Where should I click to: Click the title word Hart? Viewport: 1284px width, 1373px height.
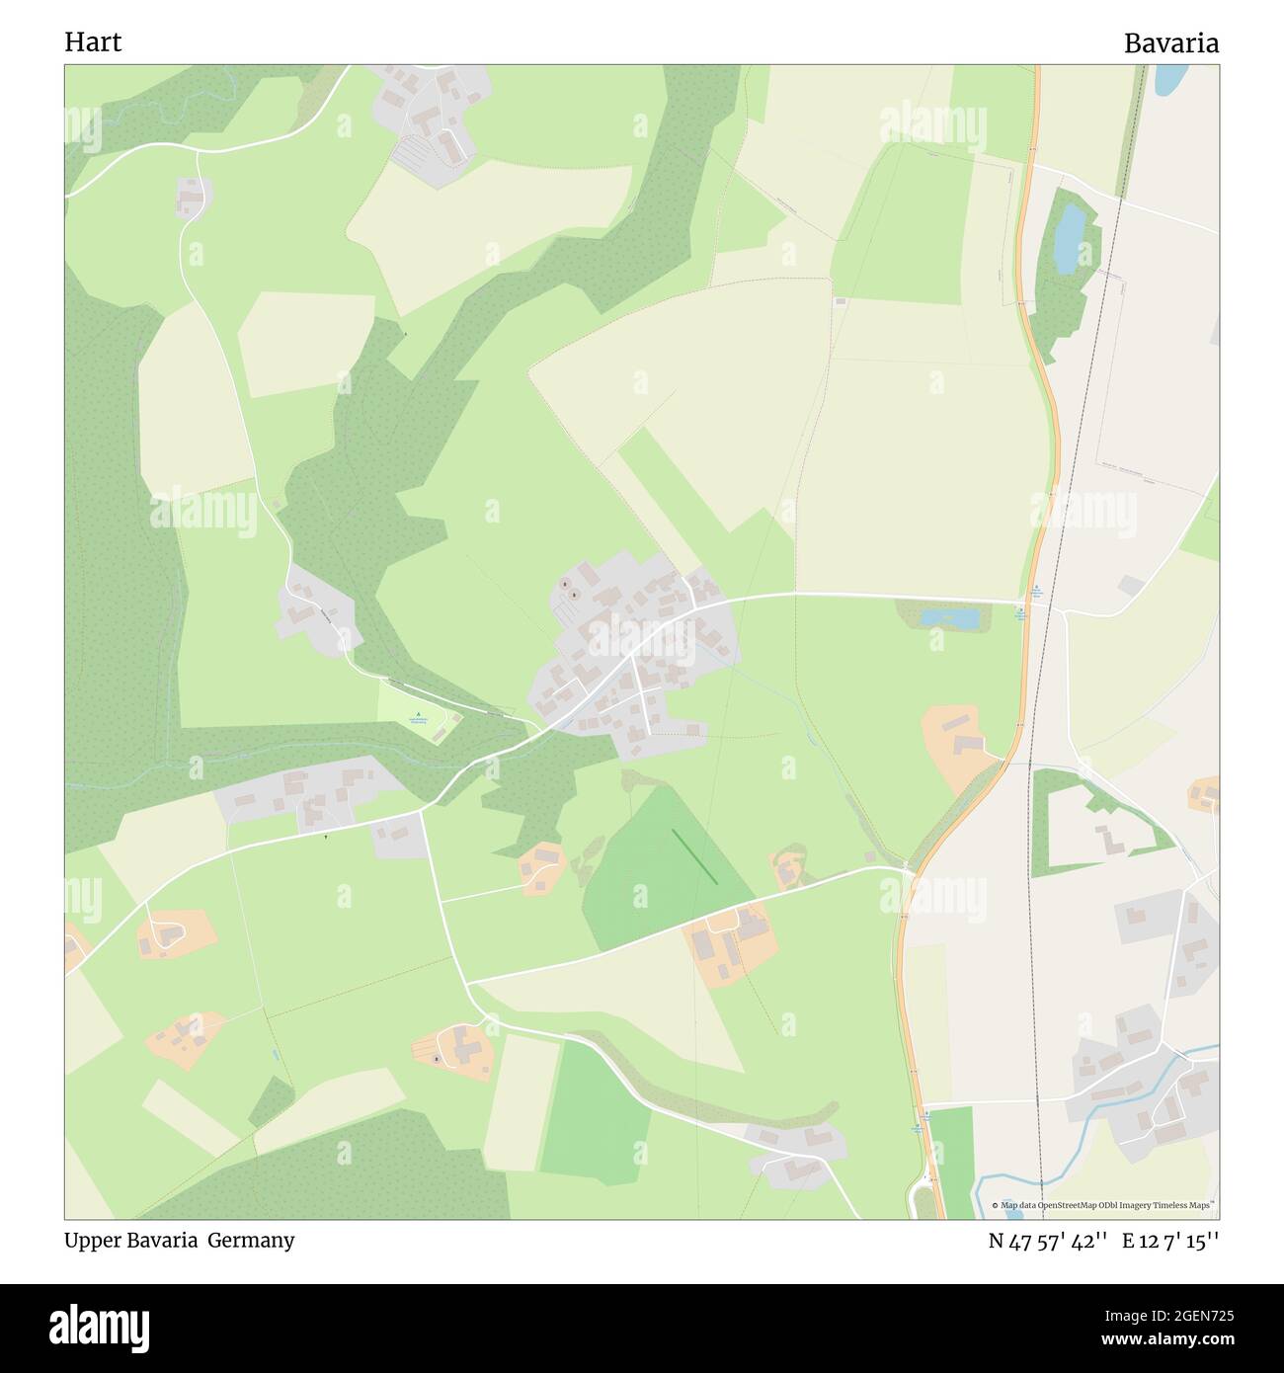pyautogui.click(x=93, y=42)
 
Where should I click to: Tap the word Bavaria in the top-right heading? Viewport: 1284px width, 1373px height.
pyautogui.click(x=1170, y=43)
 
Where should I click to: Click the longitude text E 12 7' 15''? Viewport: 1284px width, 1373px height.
pyautogui.click(x=1170, y=1242)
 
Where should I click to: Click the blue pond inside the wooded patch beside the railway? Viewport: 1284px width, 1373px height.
pyautogui.click(x=1068, y=239)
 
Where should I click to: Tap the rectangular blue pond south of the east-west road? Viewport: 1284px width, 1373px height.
pyautogui.click(x=949, y=618)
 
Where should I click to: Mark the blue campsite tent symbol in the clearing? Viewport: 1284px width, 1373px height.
pyautogui.click(x=418, y=714)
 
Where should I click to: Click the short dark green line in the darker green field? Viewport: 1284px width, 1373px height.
pyautogui.click(x=694, y=855)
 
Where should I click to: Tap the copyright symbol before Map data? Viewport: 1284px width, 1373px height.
pyautogui.click(x=996, y=1205)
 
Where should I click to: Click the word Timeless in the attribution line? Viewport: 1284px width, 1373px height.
pyautogui.click(x=1171, y=1205)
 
